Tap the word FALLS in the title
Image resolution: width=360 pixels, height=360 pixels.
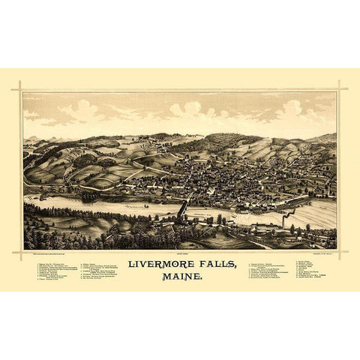click(217, 265)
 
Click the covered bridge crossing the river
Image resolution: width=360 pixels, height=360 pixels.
click(182, 207)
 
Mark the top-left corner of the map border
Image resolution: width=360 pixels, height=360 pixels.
click(23, 92)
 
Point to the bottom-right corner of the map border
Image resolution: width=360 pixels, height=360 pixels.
click(337, 250)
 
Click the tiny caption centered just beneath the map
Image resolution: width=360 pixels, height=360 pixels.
click(180, 253)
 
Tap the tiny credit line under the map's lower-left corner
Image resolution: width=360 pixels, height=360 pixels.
click(56, 253)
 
